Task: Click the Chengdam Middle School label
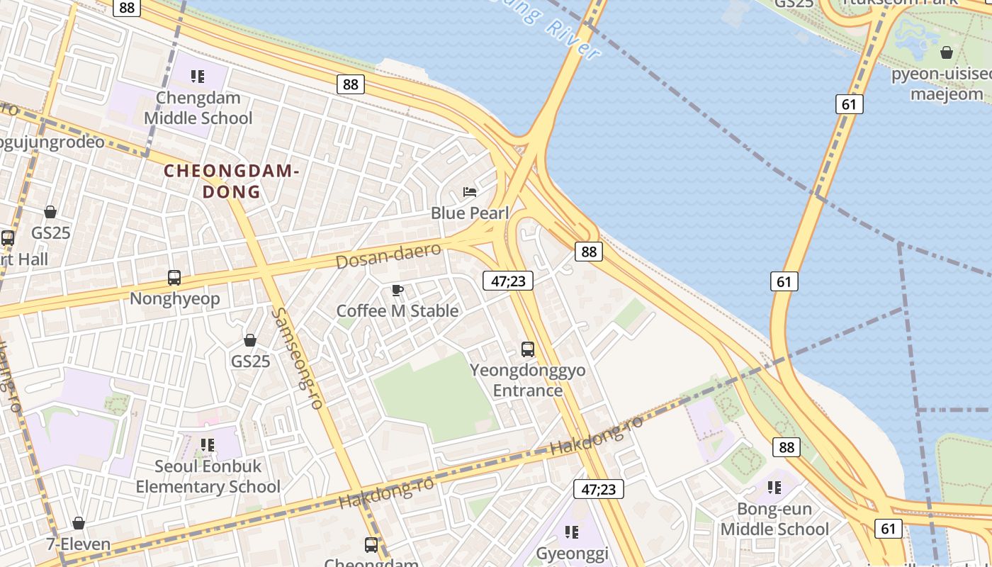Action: pos(198,108)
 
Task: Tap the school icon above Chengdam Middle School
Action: pos(198,76)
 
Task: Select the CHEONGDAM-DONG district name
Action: pos(232,181)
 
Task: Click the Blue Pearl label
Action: pos(470,213)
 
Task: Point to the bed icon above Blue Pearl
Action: pos(470,191)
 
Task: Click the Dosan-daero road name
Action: pos(388,255)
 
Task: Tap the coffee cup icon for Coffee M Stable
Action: pos(398,290)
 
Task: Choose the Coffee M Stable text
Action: pos(398,310)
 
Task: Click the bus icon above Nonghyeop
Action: pos(174,278)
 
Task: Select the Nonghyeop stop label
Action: pos(174,298)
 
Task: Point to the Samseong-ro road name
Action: pos(298,358)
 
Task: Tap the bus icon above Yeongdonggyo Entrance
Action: pos(528,349)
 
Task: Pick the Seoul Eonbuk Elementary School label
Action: pos(208,476)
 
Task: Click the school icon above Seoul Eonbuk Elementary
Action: pos(208,445)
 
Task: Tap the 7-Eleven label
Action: pos(79,544)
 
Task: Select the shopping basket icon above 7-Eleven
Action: pos(79,523)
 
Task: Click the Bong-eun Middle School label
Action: pos(774,519)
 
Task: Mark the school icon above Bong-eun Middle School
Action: pos(774,488)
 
